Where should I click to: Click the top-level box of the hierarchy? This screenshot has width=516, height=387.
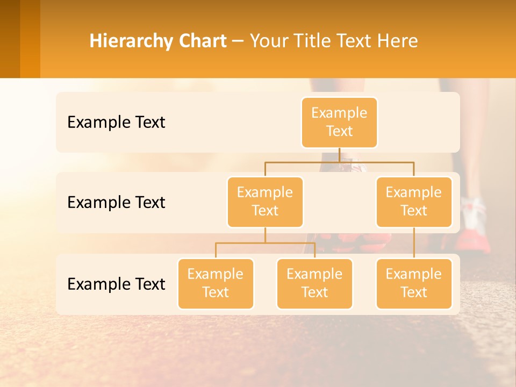tap(339, 122)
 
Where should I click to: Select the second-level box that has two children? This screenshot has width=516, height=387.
tap(265, 202)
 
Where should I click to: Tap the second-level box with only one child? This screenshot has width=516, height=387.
tap(414, 202)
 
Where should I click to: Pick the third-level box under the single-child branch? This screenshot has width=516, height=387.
tap(414, 283)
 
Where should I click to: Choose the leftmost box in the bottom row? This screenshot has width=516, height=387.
tap(216, 283)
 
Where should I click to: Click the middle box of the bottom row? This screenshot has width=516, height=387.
tap(314, 283)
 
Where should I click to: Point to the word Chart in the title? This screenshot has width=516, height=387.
tap(202, 41)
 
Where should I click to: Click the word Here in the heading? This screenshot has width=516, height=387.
tap(397, 41)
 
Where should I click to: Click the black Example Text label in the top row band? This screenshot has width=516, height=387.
tap(116, 123)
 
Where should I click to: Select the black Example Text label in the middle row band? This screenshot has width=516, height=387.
tap(116, 203)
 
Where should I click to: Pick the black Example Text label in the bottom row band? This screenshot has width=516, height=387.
tap(116, 284)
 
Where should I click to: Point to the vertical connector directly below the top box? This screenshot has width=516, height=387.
tap(339, 155)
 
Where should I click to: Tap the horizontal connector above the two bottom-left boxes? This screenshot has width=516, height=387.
tap(265, 243)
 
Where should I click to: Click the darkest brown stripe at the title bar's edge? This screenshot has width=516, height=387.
tap(10, 39)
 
